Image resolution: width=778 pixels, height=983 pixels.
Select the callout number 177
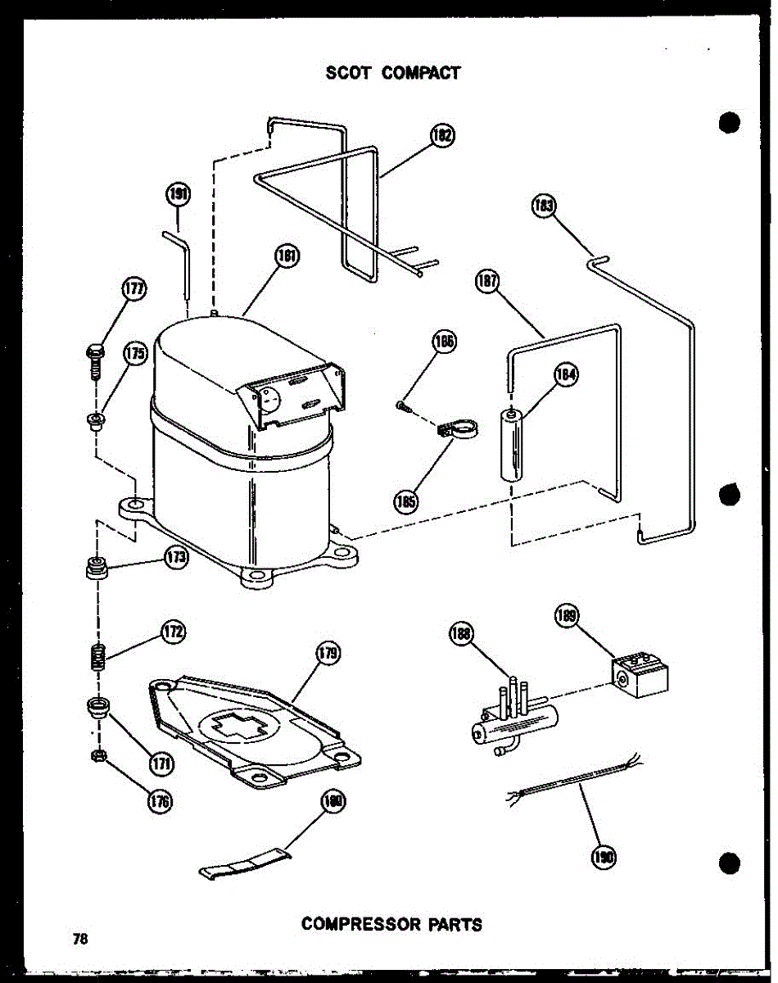[x=133, y=290]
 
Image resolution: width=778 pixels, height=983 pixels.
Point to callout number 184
[x=565, y=375]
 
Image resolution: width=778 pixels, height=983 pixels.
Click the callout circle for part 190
[x=604, y=857]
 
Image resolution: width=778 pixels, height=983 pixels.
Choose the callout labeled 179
[x=327, y=653]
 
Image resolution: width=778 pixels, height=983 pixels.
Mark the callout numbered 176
[x=159, y=801]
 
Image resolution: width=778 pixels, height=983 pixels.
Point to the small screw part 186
[x=400, y=404]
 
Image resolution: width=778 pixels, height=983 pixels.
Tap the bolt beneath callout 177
[x=94, y=360]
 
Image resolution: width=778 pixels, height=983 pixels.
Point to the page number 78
[x=79, y=940]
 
